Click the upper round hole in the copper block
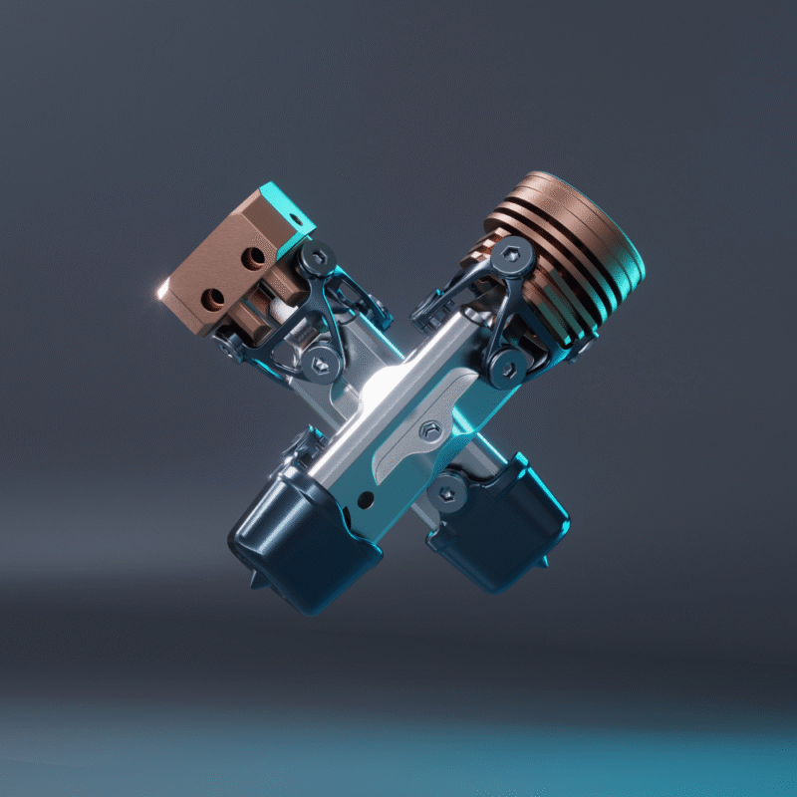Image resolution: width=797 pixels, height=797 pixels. [x=253, y=259]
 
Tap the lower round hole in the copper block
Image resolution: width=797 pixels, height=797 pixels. [x=213, y=297]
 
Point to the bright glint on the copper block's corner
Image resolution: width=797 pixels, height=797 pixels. [x=161, y=290]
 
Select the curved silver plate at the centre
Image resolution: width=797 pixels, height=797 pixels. [x=408, y=438]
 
